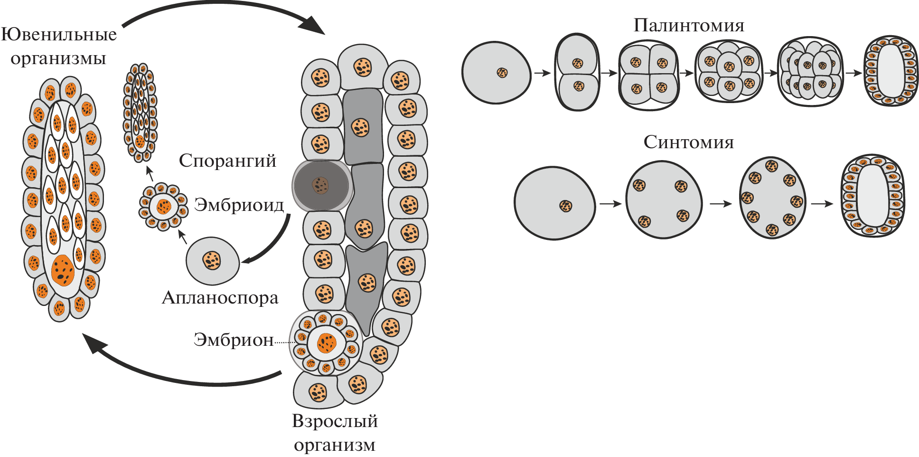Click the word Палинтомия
[689, 25]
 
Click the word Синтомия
[688, 142]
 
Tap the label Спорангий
[227, 161]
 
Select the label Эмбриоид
[239, 205]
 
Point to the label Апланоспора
[220, 298]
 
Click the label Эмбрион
[234, 340]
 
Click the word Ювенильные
[59, 34]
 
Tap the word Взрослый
[335, 421]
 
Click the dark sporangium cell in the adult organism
[321, 185]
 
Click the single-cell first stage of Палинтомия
[497, 73]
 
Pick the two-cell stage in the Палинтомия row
[577, 73]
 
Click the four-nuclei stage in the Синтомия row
[663, 200]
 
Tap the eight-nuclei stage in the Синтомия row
[772, 198]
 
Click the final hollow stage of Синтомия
[872, 196]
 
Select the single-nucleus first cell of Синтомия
[555, 203]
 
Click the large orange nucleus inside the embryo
[326, 343]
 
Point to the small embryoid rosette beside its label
[163, 207]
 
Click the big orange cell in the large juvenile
[63, 269]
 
